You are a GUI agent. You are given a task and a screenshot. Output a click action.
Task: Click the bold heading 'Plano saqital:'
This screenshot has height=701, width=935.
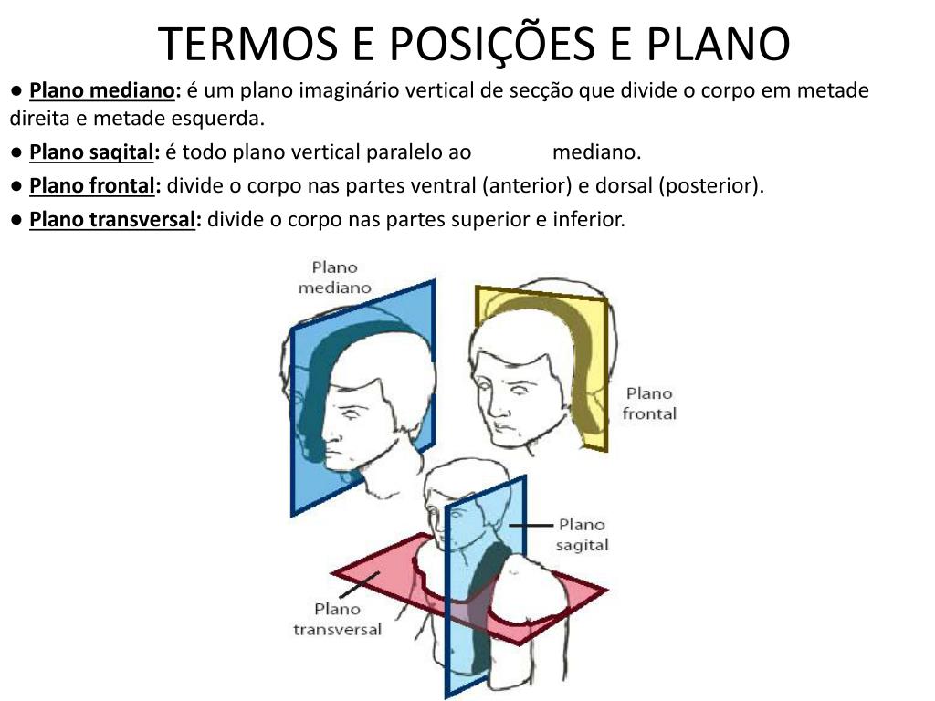coord(95,152)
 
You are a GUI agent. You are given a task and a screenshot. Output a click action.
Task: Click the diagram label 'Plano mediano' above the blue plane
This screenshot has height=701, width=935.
coord(335,277)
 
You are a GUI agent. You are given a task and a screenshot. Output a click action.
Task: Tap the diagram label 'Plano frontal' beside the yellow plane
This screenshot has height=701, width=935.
coord(649,403)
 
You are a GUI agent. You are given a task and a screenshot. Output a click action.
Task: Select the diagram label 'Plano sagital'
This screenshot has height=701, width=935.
coord(582,535)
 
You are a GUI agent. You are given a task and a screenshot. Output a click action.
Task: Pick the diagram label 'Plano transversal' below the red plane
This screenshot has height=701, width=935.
coord(338,619)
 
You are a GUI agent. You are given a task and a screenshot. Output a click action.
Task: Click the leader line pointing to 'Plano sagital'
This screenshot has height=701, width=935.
coord(531,525)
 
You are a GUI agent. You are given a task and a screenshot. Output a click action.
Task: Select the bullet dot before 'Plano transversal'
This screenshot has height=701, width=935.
coord(17,220)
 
